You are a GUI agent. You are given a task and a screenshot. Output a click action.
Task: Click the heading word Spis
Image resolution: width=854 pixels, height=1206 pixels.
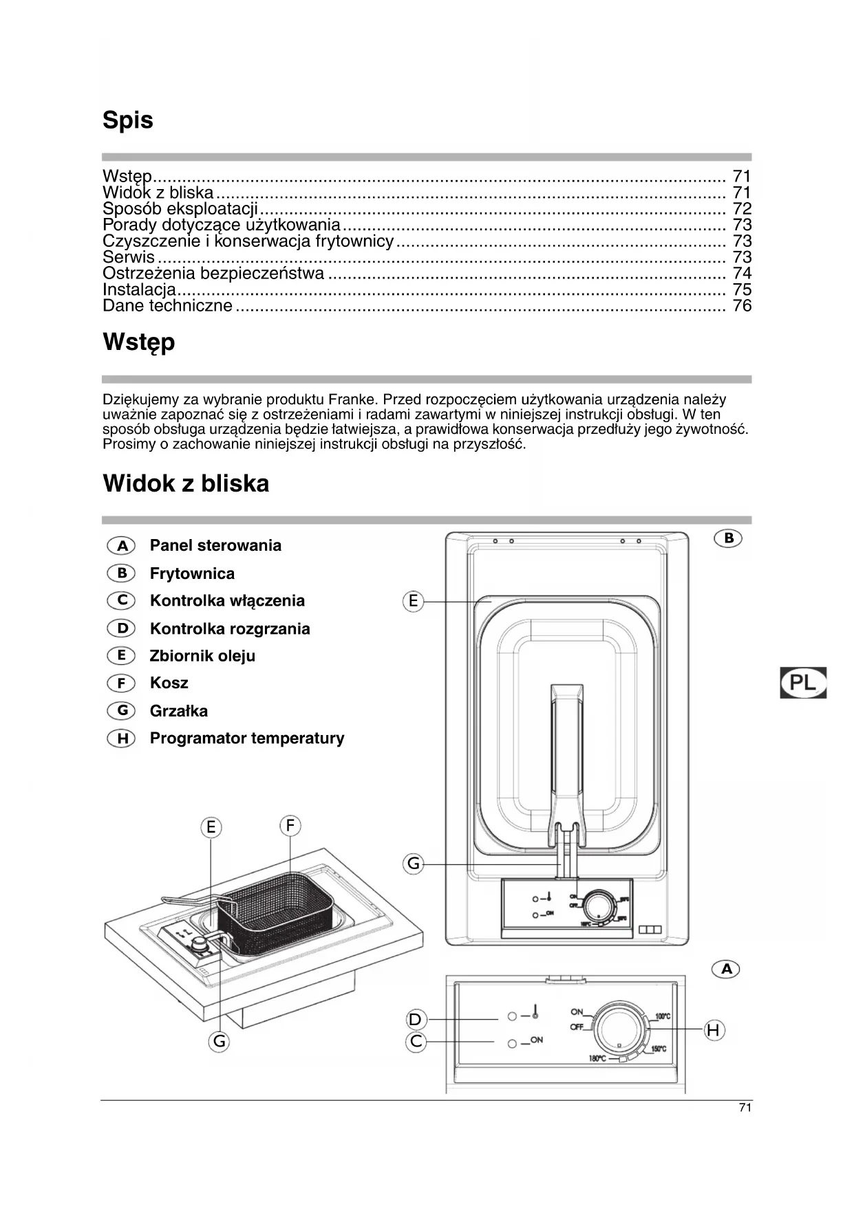pyautogui.click(x=128, y=121)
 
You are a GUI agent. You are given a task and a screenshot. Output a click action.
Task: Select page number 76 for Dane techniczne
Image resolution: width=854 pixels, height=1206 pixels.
pyautogui.click(x=742, y=306)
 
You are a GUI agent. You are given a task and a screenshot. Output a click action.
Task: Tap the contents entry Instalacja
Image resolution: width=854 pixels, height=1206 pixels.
pyautogui.click(x=139, y=290)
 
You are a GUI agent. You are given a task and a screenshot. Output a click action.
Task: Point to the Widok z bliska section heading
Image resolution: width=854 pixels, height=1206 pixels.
pyautogui.click(x=186, y=484)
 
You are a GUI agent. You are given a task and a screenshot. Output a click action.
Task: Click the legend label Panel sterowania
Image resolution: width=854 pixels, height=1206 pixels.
pyautogui.click(x=215, y=545)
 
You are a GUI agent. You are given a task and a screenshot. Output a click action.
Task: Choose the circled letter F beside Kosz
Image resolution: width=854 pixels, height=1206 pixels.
pyautogui.click(x=122, y=683)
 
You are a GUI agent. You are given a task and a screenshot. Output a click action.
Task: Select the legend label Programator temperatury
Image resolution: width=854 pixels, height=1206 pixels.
pyautogui.click(x=247, y=738)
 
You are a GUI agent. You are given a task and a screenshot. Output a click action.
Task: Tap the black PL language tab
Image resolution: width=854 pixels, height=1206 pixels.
pyautogui.click(x=803, y=683)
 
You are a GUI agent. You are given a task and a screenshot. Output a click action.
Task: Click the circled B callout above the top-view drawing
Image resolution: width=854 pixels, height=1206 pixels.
pyautogui.click(x=728, y=538)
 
